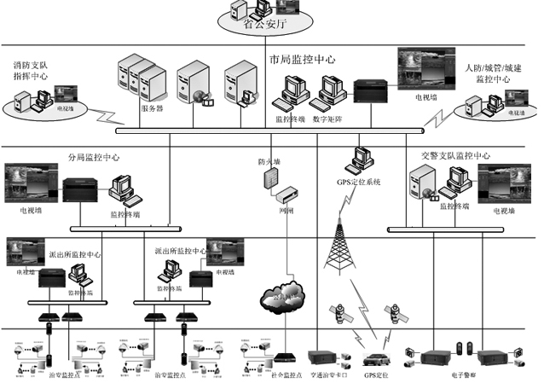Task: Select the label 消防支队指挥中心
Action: [31, 70]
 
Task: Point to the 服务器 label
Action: [151, 108]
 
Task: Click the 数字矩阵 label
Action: [328, 119]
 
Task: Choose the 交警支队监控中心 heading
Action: [455, 156]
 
